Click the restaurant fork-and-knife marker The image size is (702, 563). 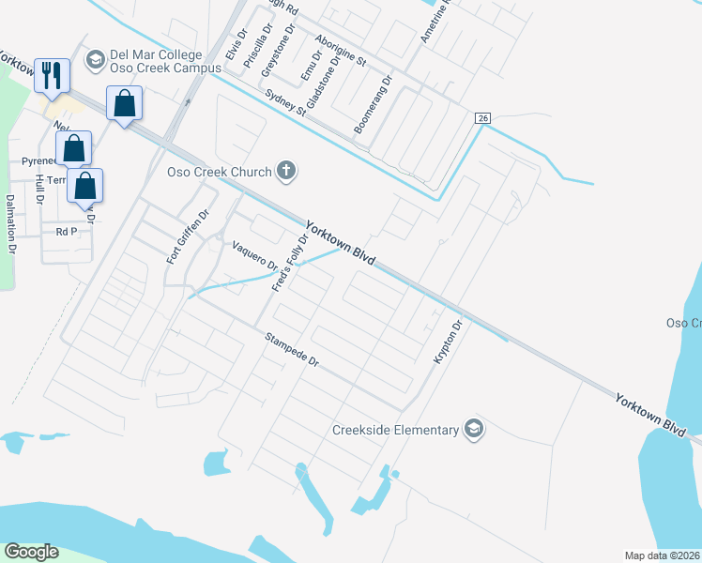[51, 75]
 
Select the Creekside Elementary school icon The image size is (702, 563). [475, 430]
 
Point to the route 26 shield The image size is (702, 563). [482, 117]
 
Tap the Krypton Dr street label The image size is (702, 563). [448, 342]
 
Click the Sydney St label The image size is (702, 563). [286, 103]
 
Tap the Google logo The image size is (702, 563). [31, 552]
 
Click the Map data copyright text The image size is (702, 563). [662, 555]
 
